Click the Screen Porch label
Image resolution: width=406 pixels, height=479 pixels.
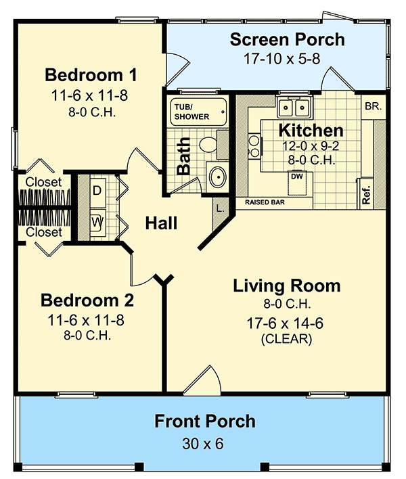coord(287,39)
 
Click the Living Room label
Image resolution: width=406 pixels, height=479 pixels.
coord(286,286)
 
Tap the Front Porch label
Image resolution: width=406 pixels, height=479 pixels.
coord(205,421)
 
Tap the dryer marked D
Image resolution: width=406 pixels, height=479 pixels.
coord(97,191)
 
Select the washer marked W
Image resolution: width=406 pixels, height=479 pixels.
coord(97,221)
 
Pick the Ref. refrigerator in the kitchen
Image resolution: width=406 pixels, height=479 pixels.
coord(366,192)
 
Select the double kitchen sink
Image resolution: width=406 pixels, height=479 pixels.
coord(294,108)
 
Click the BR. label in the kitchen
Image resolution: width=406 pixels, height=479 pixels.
coord(373,107)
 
